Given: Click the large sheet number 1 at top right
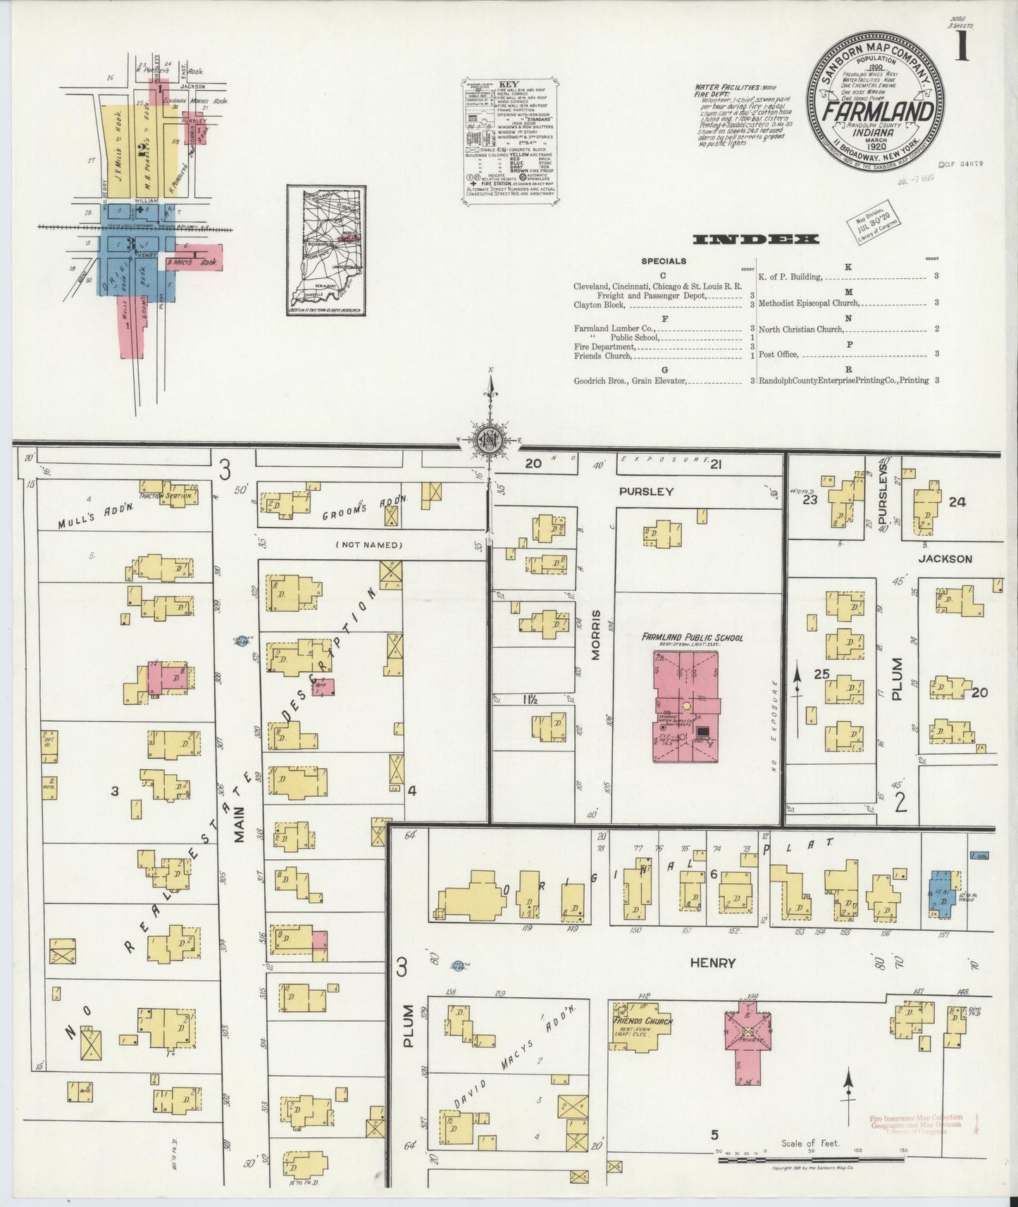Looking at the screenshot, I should coord(962,48).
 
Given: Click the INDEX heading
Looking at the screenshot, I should coord(756,239).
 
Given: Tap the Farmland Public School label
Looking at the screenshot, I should coord(692,637).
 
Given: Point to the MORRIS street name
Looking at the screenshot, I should coord(595,634).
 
